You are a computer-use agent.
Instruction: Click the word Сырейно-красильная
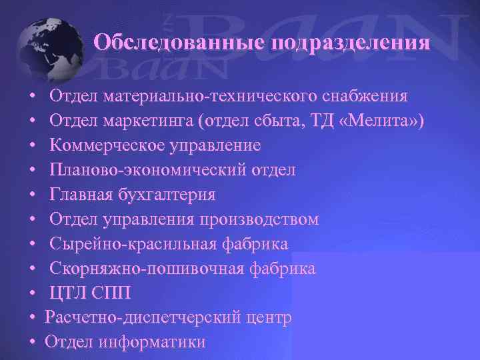click(x=133, y=244)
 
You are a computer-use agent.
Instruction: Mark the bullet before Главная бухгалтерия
click(x=33, y=195)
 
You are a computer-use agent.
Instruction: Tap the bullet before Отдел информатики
click(x=33, y=343)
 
